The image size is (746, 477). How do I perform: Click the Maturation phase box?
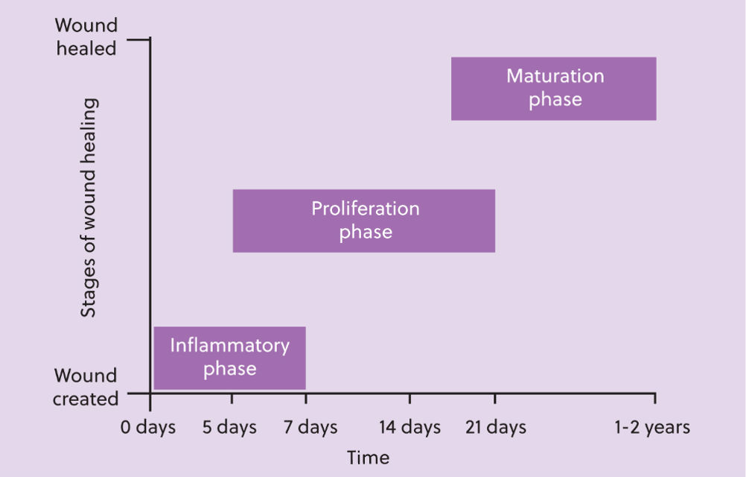(554, 89)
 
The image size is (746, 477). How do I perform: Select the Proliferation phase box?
(364, 221)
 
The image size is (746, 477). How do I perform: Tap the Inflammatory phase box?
(230, 358)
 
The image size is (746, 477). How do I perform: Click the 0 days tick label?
(148, 427)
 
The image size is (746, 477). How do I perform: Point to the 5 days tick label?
(229, 427)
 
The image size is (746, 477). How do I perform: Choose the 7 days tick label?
(310, 427)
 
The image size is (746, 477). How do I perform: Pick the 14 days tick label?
(409, 427)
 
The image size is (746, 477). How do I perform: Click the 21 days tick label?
(496, 427)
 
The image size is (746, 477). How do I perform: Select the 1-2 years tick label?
(651, 427)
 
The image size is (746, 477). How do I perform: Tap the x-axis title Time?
(369, 458)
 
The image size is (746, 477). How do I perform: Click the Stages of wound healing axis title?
(89, 207)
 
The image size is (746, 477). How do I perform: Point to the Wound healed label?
(86, 37)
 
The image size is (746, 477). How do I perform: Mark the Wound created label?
(86, 387)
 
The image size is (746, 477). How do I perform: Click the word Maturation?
(555, 76)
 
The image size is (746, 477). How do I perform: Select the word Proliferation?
(366, 209)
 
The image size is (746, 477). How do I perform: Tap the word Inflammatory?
(230, 346)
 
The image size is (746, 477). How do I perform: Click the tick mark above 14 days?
(409, 399)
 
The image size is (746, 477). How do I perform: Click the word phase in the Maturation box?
(555, 100)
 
